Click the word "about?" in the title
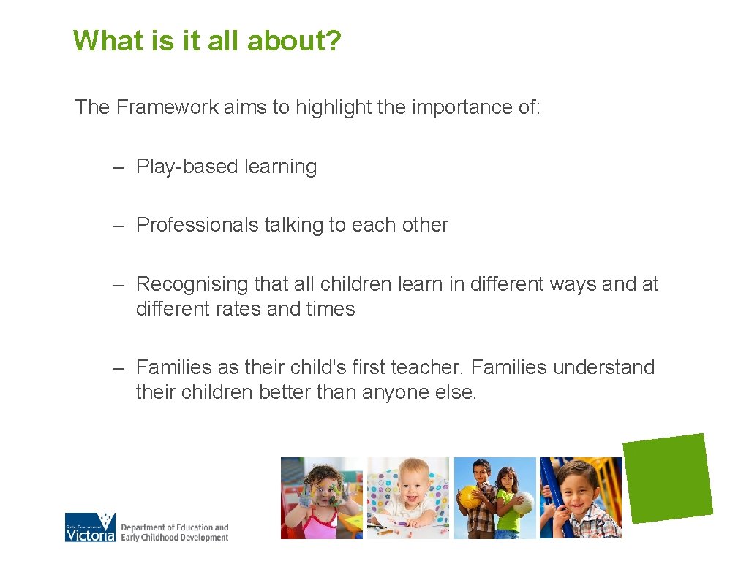coord(294,41)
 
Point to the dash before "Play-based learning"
coord(118,167)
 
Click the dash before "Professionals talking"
coord(118,225)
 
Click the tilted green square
coord(668,478)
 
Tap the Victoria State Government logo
coord(90,527)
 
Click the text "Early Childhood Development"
coord(175,538)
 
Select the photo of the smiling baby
coord(407,497)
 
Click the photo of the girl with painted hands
coord(321,497)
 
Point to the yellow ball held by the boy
coord(469,497)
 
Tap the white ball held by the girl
coord(522,503)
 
